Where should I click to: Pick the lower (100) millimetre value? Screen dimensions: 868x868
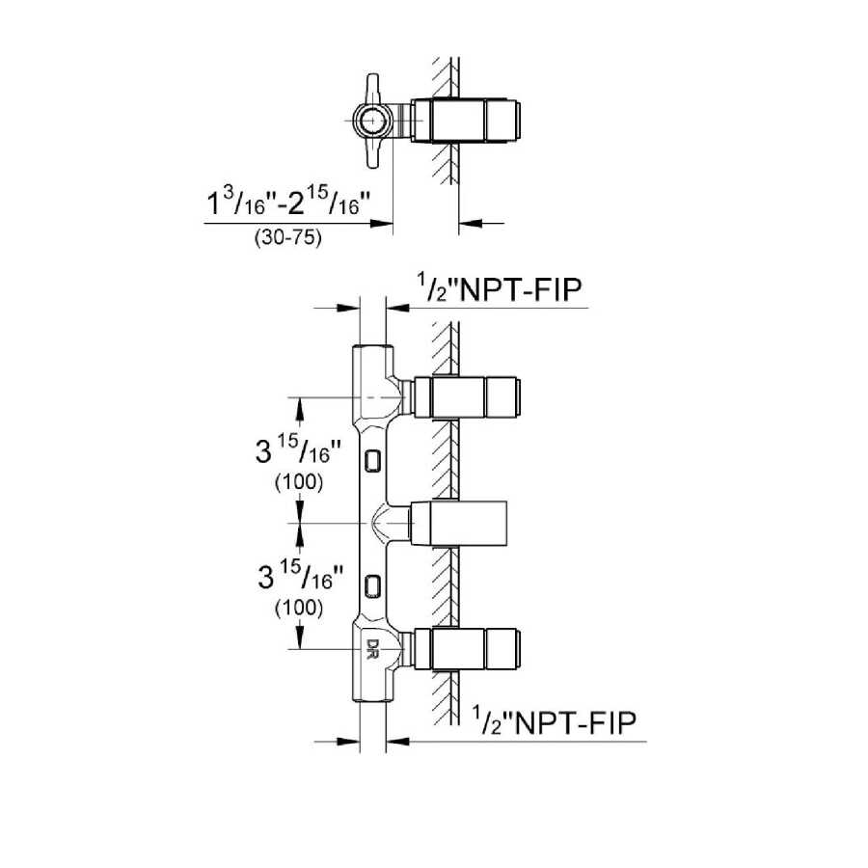point(298,608)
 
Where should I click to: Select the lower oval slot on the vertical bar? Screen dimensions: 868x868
point(373,585)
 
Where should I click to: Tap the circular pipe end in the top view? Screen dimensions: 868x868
point(371,120)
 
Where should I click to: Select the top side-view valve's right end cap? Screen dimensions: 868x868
point(504,395)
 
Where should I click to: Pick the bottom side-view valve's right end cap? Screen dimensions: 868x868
point(504,649)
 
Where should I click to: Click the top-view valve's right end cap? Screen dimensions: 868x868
point(504,120)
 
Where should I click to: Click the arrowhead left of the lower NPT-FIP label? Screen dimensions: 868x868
point(395,741)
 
